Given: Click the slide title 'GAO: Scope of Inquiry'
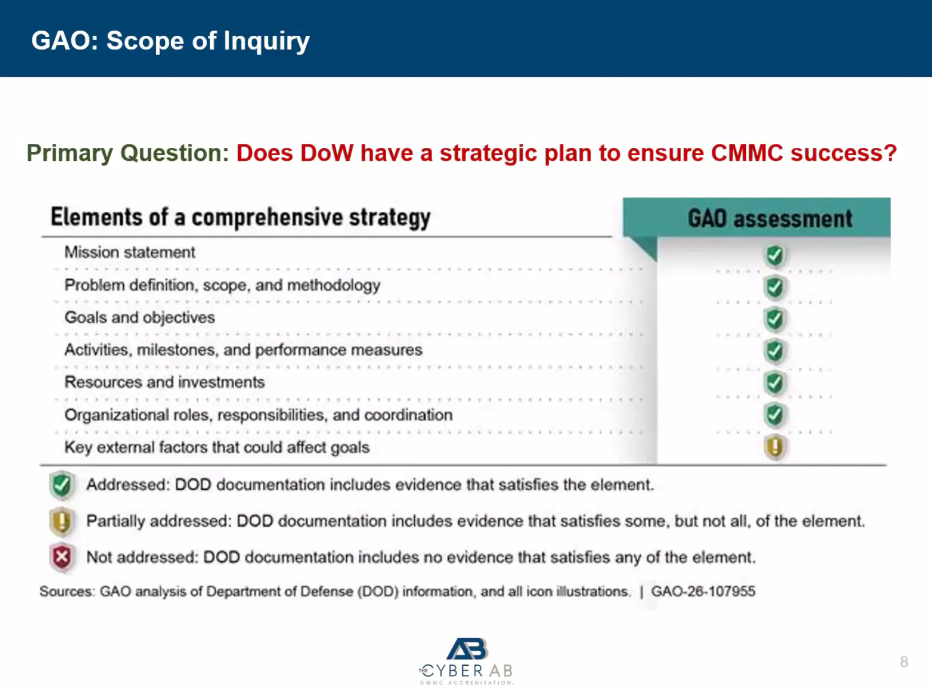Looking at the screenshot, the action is click(x=170, y=41).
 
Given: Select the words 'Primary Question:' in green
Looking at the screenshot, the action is click(x=128, y=153).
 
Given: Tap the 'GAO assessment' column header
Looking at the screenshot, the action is click(x=770, y=219).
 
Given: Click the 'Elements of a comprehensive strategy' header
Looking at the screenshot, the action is click(x=240, y=217).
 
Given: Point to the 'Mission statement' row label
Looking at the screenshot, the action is click(x=130, y=252).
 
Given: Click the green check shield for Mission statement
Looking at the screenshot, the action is click(x=775, y=256).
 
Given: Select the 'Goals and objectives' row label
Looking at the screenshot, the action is click(x=140, y=317).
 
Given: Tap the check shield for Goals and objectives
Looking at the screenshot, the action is click(x=775, y=319).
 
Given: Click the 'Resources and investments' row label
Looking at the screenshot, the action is click(x=164, y=382).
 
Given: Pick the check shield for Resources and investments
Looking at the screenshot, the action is click(x=775, y=383).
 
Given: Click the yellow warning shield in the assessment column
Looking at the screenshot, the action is click(x=775, y=447).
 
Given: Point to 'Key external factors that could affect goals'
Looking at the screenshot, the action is click(x=217, y=447).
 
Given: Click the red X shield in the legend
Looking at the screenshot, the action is click(x=62, y=558).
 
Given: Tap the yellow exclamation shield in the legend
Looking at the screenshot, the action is click(x=62, y=522).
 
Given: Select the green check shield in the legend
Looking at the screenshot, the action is click(x=62, y=485).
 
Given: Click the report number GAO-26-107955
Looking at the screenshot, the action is click(x=703, y=591).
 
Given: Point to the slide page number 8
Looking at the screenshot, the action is click(x=904, y=662).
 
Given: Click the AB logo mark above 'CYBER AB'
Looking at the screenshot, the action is click(x=467, y=649).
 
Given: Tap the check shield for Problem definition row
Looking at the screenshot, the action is click(x=775, y=287).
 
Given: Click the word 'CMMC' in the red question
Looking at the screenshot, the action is click(x=746, y=153).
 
